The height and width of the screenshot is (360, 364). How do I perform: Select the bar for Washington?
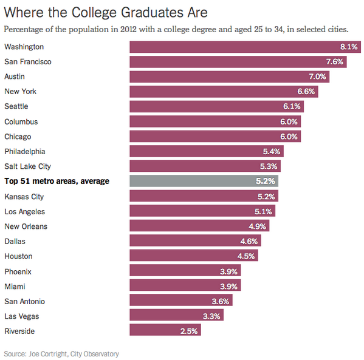pos(243,47)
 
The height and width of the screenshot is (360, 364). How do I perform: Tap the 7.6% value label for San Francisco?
pos(335,62)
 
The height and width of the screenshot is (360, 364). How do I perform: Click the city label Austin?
pos(14,76)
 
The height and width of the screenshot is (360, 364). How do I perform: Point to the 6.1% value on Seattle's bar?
pos(291,107)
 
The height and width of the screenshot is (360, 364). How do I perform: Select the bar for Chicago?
pos(213,137)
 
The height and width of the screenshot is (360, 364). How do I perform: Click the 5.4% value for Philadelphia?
pos(272,152)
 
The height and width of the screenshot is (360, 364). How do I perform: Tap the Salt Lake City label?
pos(27,166)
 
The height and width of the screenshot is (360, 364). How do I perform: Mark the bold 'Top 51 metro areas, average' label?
pos(57,181)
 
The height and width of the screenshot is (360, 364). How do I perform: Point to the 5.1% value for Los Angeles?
pos(264,211)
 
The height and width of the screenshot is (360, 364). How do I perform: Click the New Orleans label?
pos(26,226)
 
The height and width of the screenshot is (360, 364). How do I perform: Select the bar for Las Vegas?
pos(176,316)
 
